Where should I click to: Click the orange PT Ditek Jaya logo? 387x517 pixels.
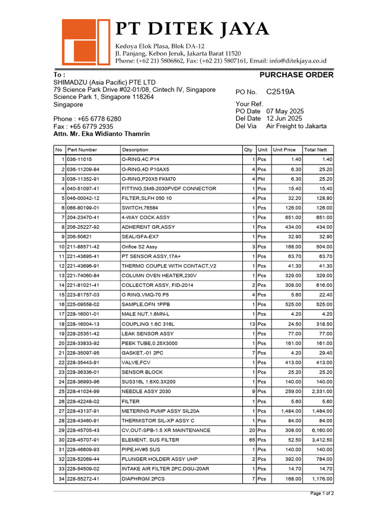tap(86, 42)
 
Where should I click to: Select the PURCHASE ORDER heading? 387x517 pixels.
tap(296, 75)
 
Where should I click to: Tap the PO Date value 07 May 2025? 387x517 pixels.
tap(285, 111)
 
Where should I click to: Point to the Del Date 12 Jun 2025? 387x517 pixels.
tap(284, 119)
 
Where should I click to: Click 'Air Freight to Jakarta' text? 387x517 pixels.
tap(296, 126)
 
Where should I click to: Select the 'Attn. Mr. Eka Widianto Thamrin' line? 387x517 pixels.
tap(101, 134)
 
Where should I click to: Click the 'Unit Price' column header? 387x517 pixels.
tap(284, 150)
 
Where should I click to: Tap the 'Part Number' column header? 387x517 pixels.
tap(82, 150)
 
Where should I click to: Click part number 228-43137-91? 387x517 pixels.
tap(83, 411)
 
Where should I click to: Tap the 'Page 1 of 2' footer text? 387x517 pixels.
tap(321, 493)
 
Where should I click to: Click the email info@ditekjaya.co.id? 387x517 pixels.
tap(297, 61)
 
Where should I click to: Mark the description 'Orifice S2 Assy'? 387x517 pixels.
tap(140, 246)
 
